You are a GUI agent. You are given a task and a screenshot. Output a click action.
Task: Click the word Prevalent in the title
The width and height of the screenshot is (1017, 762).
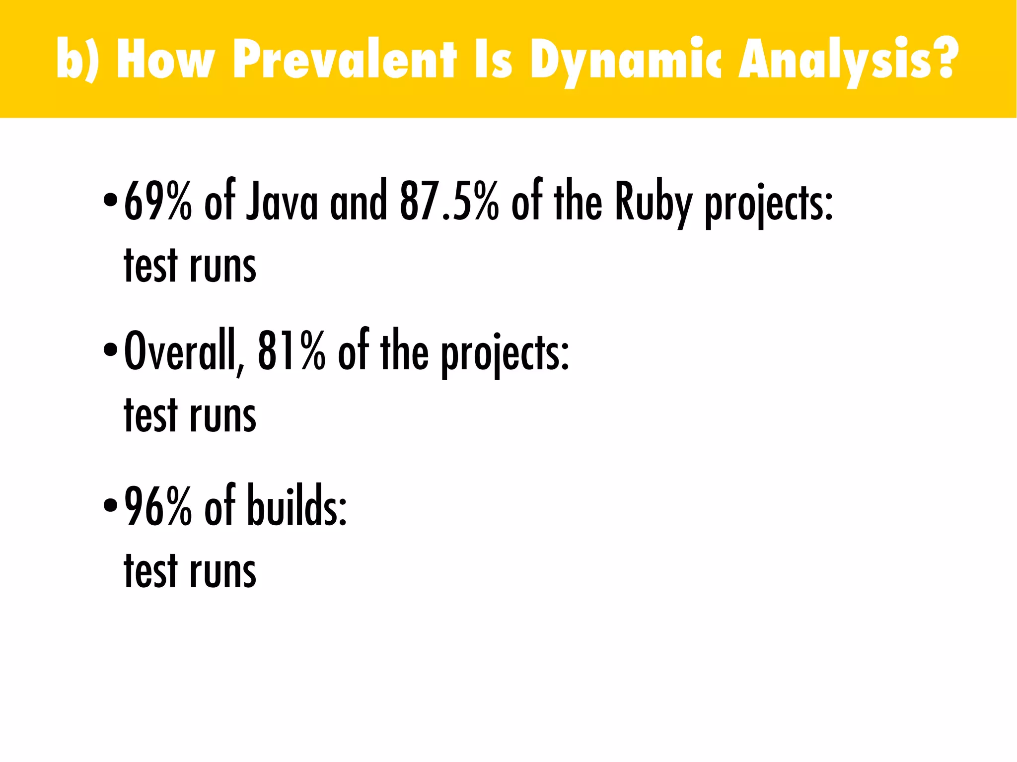[344, 59]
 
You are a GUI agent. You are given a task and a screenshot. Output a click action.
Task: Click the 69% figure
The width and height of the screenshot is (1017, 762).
[157, 201]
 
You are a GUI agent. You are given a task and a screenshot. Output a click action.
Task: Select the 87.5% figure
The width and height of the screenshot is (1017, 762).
[449, 201]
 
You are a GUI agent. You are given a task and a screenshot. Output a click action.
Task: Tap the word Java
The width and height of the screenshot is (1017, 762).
[282, 201]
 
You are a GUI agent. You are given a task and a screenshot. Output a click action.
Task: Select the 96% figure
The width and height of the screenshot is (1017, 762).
[157, 506]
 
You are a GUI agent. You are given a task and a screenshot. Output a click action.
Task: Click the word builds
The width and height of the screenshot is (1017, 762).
[296, 506]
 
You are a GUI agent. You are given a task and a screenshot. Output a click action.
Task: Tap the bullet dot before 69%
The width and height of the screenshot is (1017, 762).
[110, 201]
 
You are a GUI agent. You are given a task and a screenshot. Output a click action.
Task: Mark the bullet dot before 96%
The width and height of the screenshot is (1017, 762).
[110, 505]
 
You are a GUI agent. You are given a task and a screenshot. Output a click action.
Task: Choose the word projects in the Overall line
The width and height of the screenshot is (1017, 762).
[505, 354]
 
